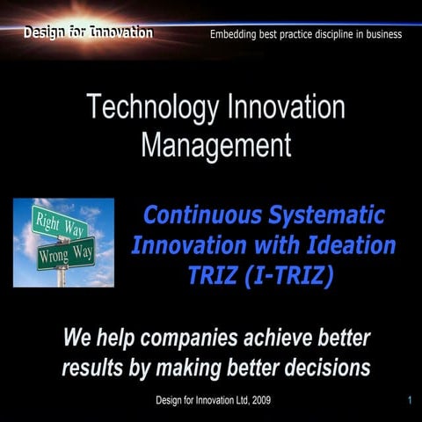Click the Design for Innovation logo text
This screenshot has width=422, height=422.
pos(88,33)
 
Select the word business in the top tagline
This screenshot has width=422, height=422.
pos(382,34)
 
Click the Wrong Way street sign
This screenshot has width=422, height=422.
pos(66,255)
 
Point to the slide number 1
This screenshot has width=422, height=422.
pos(410,400)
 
